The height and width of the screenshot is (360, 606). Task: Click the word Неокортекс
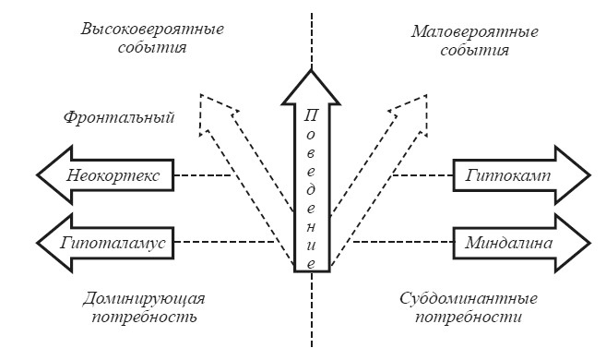(105, 174)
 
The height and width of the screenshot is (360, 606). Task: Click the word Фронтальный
(119, 118)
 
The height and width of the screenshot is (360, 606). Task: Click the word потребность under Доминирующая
(147, 318)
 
